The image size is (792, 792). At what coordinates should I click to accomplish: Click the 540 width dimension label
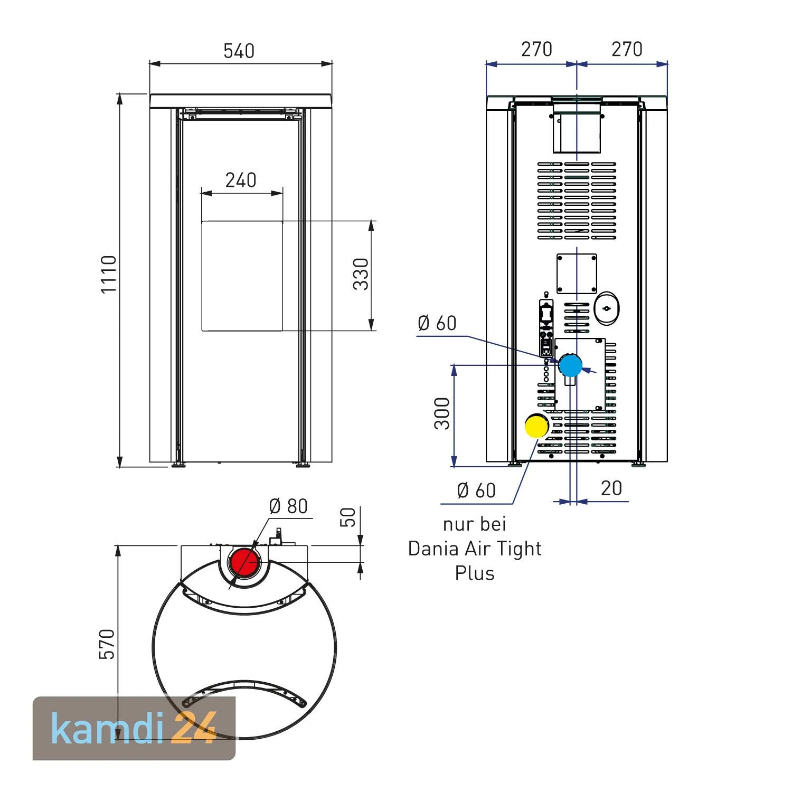point(239,51)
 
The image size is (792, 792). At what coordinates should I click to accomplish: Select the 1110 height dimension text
point(109,275)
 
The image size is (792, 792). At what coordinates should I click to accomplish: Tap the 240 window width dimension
point(241,180)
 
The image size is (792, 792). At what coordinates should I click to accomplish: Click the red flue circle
point(244,563)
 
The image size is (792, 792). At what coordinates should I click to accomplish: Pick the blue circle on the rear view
point(570,365)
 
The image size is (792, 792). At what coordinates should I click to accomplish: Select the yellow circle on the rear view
point(536,426)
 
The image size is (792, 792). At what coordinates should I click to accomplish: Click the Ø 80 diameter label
point(288,506)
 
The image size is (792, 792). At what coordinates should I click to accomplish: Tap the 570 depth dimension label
point(107,644)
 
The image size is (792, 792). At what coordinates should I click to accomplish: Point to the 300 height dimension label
point(442,413)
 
